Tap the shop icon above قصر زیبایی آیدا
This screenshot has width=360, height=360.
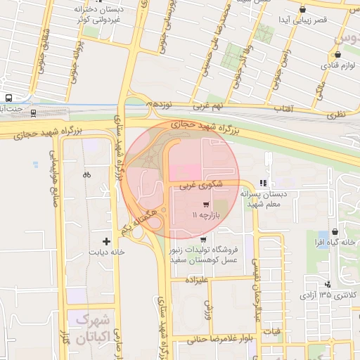point(302,9)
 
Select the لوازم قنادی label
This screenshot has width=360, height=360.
point(338,65)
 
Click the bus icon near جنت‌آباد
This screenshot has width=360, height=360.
point(8,98)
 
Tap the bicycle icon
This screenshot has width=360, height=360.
point(86,174)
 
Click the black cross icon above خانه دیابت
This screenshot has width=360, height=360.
point(106,241)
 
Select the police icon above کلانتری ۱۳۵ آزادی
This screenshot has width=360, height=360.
point(328,284)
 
